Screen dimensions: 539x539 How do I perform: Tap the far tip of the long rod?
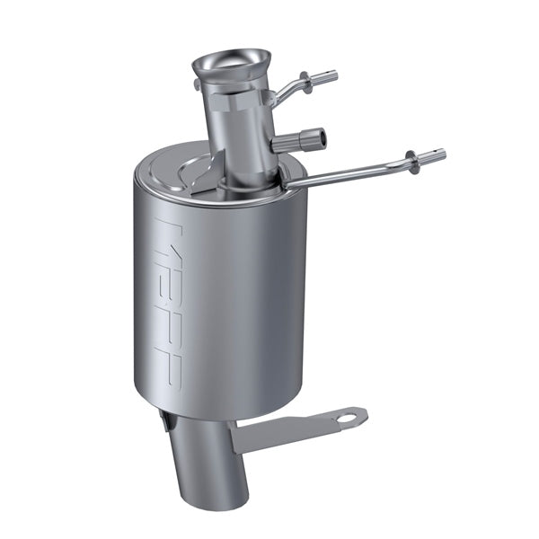[x=439, y=155]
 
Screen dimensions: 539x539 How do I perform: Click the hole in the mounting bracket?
[x=346, y=416]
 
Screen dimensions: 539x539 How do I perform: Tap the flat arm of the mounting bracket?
[x=287, y=429]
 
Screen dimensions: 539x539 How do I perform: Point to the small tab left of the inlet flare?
[x=196, y=84]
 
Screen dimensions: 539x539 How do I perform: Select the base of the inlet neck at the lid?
[x=247, y=184]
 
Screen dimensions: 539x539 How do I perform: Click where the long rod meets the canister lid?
[x=286, y=186]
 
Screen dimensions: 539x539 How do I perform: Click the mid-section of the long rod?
[x=350, y=172]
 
